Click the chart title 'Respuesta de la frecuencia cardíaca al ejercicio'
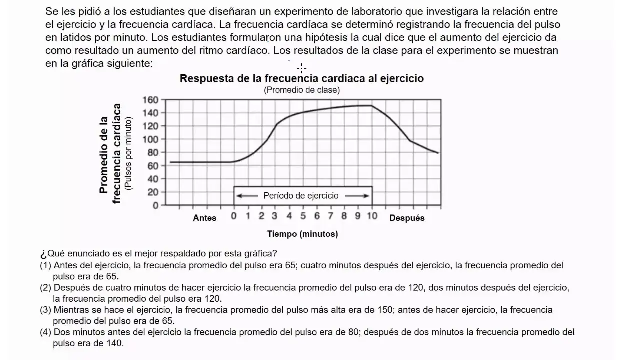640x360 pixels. pos(301,79)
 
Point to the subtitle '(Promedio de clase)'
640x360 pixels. pos(301,90)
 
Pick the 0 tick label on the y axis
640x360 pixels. pos(156,205)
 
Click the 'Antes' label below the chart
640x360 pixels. pos(205,218)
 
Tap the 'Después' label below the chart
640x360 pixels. pos(407,218)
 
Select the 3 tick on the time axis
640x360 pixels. pos(275,216)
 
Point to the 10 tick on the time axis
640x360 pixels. pos(372,216)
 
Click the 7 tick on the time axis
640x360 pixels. pos(330,216)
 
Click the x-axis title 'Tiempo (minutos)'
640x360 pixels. pos(302,234)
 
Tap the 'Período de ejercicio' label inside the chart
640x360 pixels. pos(301,196)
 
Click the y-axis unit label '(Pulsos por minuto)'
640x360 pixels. pos(129,153)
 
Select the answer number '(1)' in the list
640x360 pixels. pos(46,266)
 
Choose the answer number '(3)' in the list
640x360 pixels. pos(46,310)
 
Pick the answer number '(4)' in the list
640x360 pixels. pos(46,332)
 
